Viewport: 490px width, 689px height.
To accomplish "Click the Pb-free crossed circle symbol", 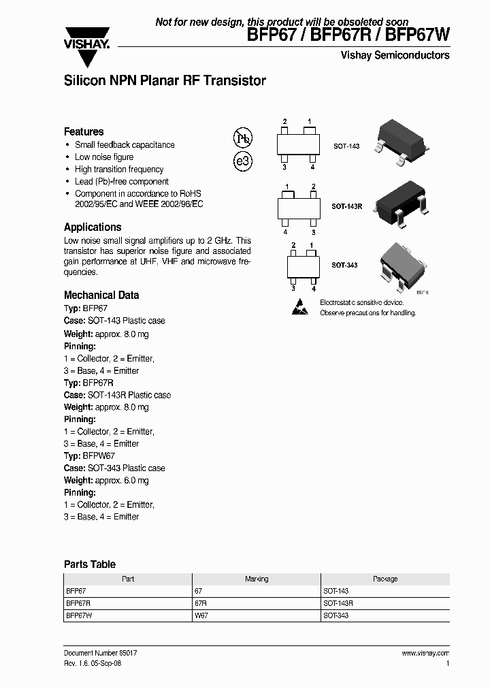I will [243, 138].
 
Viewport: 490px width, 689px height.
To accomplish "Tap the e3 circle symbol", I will [243, 162].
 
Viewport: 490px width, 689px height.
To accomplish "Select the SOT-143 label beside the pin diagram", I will [346, 146].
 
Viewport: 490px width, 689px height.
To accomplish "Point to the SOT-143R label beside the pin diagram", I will [347, 206].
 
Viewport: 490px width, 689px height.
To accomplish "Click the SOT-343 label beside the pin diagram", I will [344, 265].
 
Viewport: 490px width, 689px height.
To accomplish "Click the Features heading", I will [84, 131].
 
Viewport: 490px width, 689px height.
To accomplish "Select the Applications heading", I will [93, 227].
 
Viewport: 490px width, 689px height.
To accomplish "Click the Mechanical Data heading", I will [101, 295].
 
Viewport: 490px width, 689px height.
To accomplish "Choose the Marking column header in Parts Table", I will [257, 579].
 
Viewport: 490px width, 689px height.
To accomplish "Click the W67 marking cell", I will [201, 615].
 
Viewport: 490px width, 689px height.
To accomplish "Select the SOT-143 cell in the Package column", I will [336, 591].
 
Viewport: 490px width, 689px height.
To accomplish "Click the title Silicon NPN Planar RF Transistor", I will [165, 80].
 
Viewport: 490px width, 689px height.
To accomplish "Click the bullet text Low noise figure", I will [104, 157].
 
